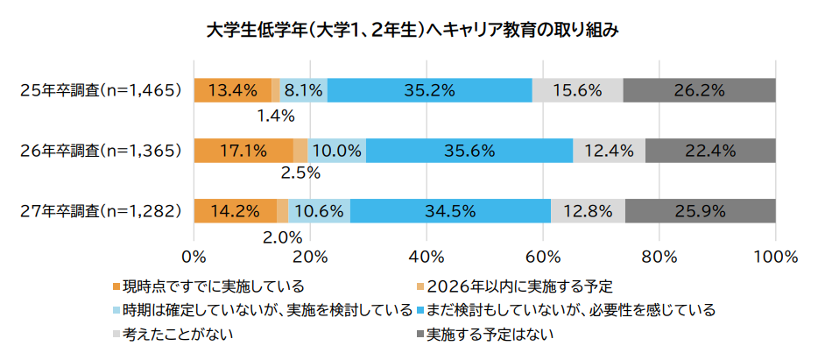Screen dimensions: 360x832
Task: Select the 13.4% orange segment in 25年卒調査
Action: (232, 89)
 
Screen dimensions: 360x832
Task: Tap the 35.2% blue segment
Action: (429, 89)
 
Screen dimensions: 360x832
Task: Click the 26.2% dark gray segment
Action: (699, 89)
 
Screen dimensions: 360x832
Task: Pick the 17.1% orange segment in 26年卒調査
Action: (243, 150)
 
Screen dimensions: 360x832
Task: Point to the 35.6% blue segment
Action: (469, 150)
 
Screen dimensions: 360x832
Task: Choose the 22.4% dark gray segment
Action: (710, 150)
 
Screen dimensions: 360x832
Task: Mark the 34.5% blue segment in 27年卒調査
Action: (450, 210)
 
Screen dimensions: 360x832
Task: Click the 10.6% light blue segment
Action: (319, 210)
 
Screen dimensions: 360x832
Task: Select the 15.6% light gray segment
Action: (577, 89)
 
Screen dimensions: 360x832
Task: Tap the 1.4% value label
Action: (275, 116)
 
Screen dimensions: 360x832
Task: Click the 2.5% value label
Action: (300, 175)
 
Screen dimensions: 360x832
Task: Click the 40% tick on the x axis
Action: (426, 258)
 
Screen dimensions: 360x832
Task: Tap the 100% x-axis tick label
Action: (775, 258)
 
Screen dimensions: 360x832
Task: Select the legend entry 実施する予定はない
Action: (490, 334)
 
